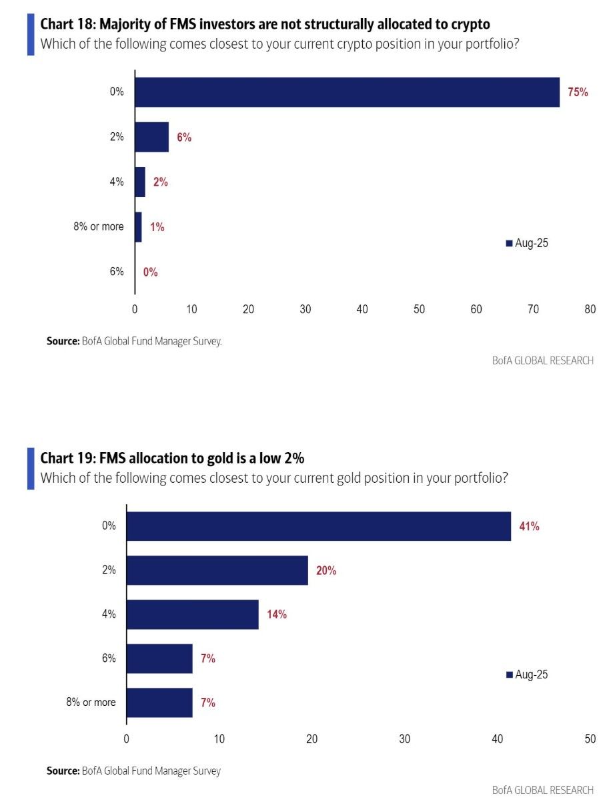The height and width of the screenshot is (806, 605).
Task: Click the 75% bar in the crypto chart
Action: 347,92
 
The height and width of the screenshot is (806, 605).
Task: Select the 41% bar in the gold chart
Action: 318,526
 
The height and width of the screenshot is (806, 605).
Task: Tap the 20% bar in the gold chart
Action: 217,570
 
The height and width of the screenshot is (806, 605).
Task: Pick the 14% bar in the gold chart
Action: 192,614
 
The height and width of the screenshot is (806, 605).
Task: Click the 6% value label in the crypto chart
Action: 184,138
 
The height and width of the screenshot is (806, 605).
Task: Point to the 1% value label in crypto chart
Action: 157,227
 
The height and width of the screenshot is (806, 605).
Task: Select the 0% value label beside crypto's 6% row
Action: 150,272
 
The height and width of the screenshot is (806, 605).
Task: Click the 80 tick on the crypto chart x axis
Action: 590,309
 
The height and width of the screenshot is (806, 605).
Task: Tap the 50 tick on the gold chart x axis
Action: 590,739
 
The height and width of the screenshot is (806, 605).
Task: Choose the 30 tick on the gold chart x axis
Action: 404,739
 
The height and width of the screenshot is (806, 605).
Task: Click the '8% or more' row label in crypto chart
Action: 98,227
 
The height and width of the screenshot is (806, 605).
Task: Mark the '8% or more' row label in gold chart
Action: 90,702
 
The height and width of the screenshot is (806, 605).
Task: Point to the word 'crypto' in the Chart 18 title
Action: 470,25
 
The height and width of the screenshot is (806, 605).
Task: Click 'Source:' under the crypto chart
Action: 63,341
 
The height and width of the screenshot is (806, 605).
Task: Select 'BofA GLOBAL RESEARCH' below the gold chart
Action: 542,790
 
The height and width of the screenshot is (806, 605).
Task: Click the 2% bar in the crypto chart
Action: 151,138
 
